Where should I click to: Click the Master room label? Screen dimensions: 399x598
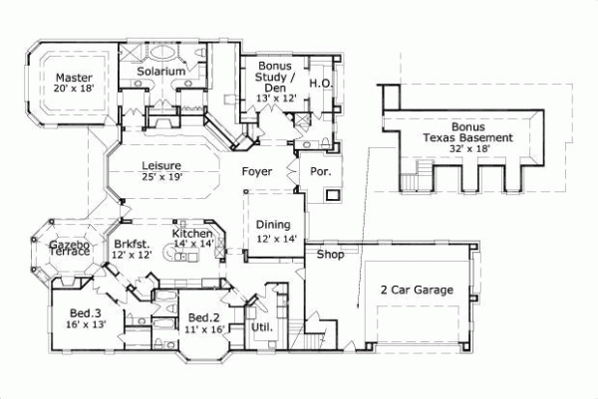(74, 78)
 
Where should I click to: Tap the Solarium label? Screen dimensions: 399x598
(160, 72)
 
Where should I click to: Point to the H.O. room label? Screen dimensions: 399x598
(319, 85)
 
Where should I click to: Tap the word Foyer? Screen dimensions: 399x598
(257, 171)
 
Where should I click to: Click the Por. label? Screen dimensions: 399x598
(321, 171)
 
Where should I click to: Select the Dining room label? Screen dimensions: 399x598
(271, 225)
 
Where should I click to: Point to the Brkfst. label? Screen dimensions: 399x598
(130, 244)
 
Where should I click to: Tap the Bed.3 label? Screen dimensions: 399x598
(84, 313)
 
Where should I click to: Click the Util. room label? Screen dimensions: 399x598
(262, 325)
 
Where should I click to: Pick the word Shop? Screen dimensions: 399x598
(330, 255)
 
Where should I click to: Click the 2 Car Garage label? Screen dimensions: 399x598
(417, 290)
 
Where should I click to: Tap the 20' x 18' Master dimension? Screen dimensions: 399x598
(74, 90)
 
